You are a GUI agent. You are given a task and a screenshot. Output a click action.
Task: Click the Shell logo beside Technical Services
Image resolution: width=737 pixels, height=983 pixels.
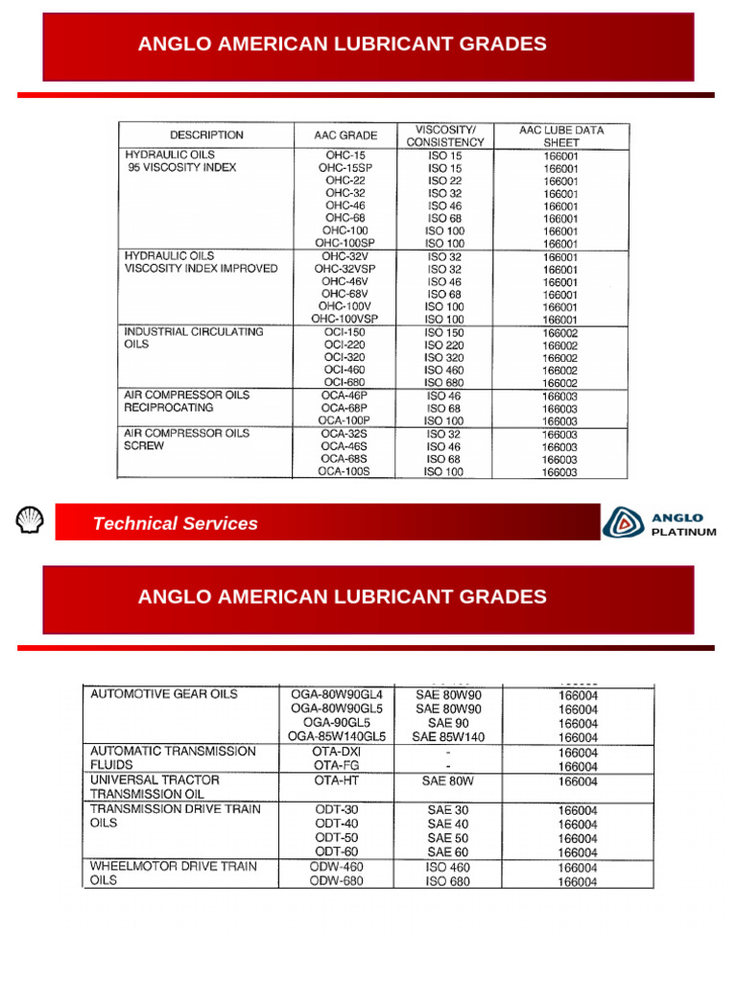pos(31,521)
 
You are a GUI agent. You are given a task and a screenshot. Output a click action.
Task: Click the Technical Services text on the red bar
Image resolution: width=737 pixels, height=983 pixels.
pos(175,523)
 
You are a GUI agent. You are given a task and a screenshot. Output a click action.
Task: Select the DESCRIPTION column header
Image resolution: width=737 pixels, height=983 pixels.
pos(206,135)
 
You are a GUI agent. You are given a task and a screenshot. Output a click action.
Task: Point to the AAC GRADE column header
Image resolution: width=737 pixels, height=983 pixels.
pos(345,135)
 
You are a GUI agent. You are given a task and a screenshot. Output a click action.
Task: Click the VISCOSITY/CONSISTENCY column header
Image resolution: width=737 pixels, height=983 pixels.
pos(445,135)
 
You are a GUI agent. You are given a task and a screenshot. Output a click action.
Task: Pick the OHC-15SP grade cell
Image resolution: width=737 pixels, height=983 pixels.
pos(345,167)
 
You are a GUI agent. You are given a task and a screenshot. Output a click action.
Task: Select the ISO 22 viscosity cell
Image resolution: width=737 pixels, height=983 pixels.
pos(445,180)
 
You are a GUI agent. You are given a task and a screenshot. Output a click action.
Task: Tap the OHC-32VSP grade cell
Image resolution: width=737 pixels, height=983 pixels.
pos(345,269)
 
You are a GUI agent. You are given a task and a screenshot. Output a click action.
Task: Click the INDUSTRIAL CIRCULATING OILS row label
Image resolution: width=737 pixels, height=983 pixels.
pos(193,337)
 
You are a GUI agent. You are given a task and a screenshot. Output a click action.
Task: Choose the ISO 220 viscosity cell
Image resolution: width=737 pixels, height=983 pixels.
pos(445,345)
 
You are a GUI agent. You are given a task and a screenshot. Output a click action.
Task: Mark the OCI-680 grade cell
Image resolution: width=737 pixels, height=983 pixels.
pos(345,382)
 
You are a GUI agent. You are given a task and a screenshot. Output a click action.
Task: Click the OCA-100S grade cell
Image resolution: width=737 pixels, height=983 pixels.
pos(345,471)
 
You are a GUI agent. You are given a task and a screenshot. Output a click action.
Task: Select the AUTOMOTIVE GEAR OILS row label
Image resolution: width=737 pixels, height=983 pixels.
pos(164,694)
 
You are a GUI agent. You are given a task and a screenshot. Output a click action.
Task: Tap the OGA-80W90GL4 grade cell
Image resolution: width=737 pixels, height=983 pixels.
pos(337,694)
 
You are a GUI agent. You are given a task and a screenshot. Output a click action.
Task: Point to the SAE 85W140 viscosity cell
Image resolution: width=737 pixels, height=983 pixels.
pos(448,737)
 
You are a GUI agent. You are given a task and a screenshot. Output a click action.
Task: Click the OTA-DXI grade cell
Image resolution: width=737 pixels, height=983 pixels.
pos(337,752)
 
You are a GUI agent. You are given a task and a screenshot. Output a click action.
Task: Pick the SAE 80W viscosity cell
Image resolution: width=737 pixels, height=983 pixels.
pos(448,781)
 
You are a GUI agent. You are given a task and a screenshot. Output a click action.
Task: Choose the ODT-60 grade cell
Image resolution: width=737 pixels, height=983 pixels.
pos(337,852)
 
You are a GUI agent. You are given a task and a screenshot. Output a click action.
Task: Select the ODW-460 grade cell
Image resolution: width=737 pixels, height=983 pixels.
pos(337,867)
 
